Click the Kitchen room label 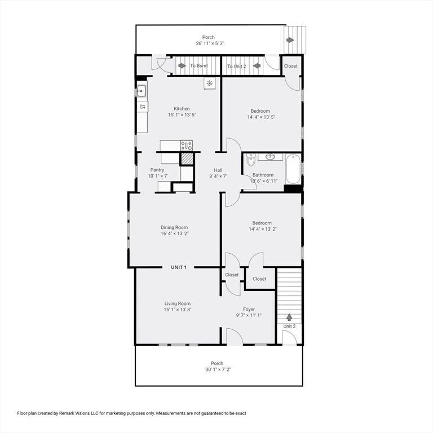coord(182,109)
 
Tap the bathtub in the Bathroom coord(293,170)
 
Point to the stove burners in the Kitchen coord(186,146)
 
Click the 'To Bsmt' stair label coord(198,66)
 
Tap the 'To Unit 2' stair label coord(237,67)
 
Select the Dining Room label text coord(174,228)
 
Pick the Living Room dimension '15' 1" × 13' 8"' coord(178,310)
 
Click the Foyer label coord(249,309)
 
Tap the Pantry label coord(157,170)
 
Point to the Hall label coord(218,170)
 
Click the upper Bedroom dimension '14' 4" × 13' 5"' coord(260,117)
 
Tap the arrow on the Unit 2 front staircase coord(289,317)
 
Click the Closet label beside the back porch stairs coord(291,66)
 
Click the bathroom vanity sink coord(271,157)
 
